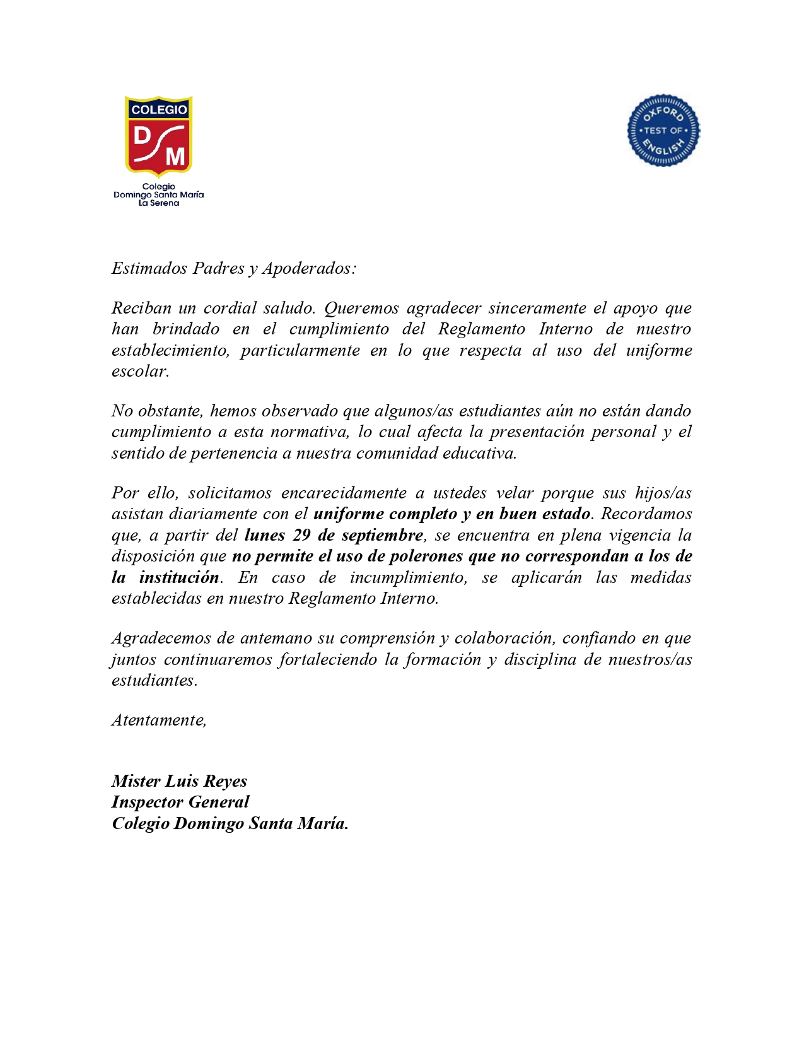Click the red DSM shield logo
(158, 135)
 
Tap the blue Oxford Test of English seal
(663, 131)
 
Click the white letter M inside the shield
(175, 155)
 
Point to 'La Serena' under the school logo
(158, 203)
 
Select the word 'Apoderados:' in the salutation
(310, 268)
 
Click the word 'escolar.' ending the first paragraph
(140, 371)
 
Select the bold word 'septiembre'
(382, 535)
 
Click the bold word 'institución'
(179, 577)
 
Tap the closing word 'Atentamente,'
(159, 720)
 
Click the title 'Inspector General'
(180, 802)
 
